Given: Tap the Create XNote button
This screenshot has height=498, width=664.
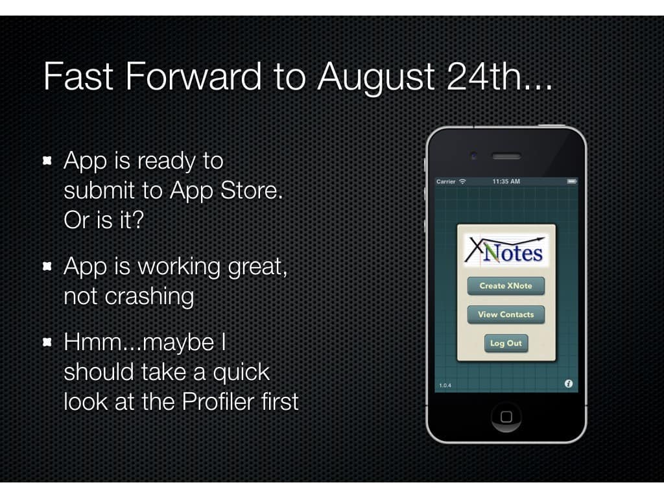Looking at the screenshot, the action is pyautogui.click(x=506, y=286).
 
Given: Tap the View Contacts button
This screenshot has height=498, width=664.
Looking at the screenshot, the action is pyautogui.click(x=506, y=314).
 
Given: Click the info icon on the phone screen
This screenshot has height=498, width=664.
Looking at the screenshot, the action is pyautogui.click(x=568, y=384).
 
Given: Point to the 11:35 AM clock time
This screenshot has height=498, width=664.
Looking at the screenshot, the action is pyautogui.click(x=506, y=182).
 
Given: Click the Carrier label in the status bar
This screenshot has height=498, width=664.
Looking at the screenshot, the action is pyautogui.click(x=446, y=182).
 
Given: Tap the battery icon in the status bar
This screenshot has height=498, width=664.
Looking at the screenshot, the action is pyautogui.click(x=572, y=182).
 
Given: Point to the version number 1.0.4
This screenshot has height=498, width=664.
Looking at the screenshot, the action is pyautogui.click(x=445, y=385).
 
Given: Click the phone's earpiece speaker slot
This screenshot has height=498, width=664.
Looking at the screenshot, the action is pyautogui.click(x=506, y=157).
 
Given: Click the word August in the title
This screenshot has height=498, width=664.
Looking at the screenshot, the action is pyautogui.click(x=377, y=78).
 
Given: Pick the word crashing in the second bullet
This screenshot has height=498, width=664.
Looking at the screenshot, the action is pyautogui.click(x=150, y=297).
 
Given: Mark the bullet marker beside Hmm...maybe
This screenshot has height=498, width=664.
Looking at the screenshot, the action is pyautogui.click(x=47, y=342).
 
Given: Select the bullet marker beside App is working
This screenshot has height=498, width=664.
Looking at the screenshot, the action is pyautogui.click(x=47, y=266).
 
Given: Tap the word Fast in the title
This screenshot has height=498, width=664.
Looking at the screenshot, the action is pyautogui.click(x=78, y=77).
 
